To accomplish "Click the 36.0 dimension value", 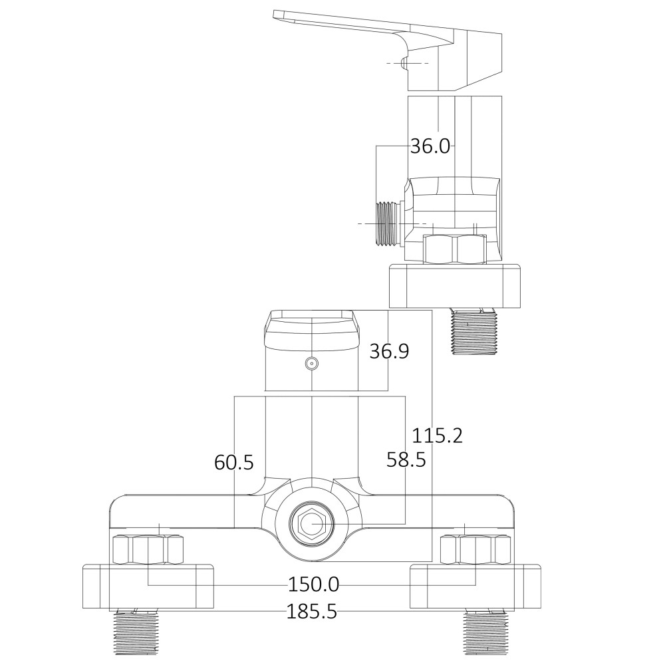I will (x=430, y=146).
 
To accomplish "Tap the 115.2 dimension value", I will (x=437, y=436).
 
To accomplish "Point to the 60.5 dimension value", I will (x=234, y=462).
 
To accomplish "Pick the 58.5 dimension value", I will (x=406, y=459).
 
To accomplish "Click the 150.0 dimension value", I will (x=313, y=585).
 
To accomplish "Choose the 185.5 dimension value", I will (x=311, y=611).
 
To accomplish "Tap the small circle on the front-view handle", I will (x=311, y=363).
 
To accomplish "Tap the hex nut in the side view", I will (x=455, y=249).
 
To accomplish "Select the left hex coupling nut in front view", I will (x=148, y=550).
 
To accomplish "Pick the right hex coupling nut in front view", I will (x=475, y=550).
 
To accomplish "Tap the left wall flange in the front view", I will (x=148, y=587).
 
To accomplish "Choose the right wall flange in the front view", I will (x=475, y=587).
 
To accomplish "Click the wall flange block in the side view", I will (x=455, y=286).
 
